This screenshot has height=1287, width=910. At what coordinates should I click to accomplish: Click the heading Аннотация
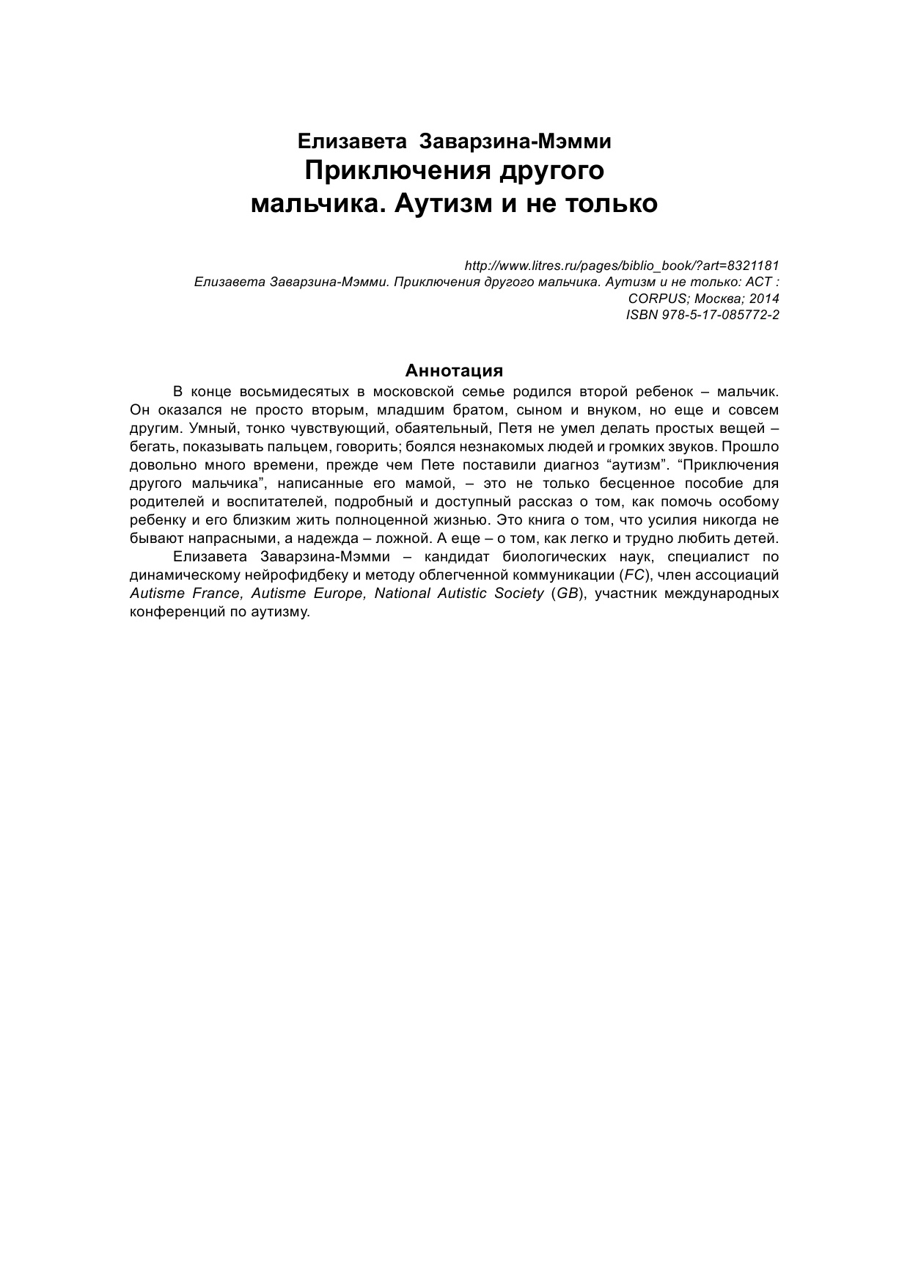pyautogui.click(x=455, y=370)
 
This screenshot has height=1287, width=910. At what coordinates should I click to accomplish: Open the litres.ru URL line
pyautogui.click(x=622, y=264)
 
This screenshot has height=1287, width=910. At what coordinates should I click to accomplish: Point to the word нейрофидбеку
pyautogui.click(x=279, y=575)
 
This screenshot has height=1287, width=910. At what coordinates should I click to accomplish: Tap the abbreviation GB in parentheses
pyautogui.click(x=567, y=594)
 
